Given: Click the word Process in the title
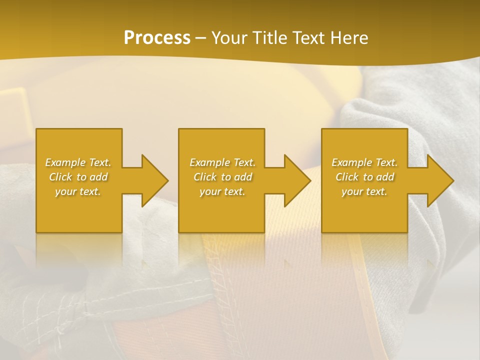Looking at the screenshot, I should point(157,38).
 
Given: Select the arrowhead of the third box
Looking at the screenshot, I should point(439,180).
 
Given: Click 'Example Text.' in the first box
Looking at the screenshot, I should point(78,162).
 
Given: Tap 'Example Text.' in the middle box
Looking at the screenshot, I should point(222,162).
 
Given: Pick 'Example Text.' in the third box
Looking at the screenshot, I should point(364,162).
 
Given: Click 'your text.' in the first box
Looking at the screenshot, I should point(78,191).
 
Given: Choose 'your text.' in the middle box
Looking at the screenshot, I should point(222,191).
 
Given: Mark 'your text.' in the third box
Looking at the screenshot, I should point(364,191).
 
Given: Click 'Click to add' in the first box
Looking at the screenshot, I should point(78,177).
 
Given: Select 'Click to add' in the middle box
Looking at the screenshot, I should point(222,177).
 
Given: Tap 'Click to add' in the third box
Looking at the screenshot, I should point(364,177).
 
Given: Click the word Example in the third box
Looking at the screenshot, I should point(352,162).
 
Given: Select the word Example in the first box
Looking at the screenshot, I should point(66,162).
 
